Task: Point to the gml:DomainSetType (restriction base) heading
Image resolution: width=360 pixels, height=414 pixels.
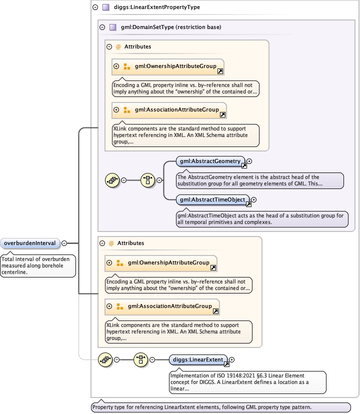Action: [171, 27]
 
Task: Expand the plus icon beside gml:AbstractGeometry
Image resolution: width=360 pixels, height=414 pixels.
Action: [249, 161]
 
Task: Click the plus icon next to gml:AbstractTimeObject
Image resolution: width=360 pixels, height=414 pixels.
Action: [253, 200]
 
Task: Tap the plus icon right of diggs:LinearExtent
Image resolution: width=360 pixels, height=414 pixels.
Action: [232, 359]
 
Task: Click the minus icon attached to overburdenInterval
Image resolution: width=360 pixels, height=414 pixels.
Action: [64, 243]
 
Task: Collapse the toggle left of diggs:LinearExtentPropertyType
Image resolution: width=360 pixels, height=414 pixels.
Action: [95, 7]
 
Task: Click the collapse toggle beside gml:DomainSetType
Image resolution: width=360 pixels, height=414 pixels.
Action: [102, 27]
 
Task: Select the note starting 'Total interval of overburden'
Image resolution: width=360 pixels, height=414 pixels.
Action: [38, 265]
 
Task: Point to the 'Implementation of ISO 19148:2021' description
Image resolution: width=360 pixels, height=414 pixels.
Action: [247, 382]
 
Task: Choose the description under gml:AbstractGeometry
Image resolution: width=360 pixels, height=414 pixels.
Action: [260, 180]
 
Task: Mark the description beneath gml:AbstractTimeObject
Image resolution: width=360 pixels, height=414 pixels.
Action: [262, 219]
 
